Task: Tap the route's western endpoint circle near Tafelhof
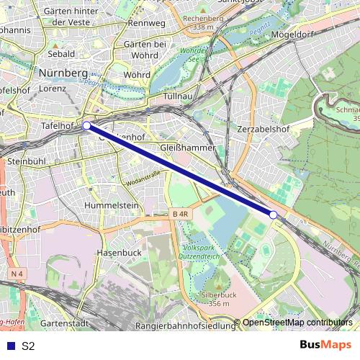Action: [x=86, y=125]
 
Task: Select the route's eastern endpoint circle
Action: [x=273, y=215]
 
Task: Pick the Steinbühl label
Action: [x=27, y=162]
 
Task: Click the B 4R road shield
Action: [x=181, y=214]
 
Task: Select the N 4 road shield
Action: [x=17, y=274]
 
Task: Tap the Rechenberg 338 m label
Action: [x=204, y=22]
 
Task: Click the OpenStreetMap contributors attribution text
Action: [x=298, y=323]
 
